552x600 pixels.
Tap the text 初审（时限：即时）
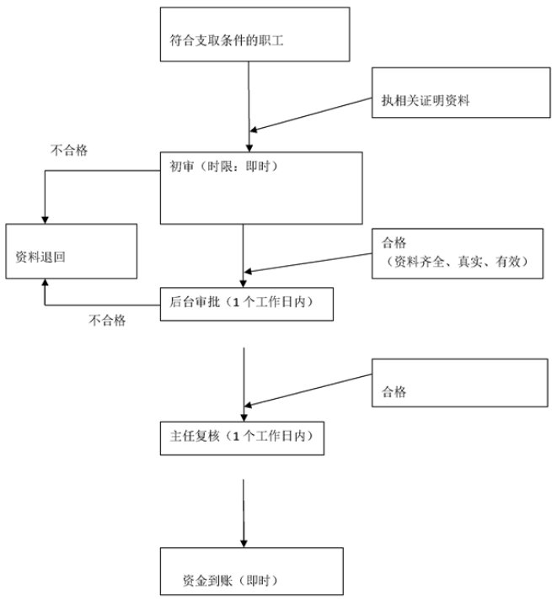[224, 167]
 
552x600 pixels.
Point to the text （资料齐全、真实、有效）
[458, 262]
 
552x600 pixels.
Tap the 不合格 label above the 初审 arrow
[69, 150]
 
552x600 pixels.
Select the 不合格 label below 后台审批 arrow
[107, 320]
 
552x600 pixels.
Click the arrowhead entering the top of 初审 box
[249, 148]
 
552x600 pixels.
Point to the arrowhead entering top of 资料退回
[45, 220]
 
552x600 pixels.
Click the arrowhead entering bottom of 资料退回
[45, 283]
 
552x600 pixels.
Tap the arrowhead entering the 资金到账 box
[244, 544]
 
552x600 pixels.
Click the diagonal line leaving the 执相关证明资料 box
[311, 114]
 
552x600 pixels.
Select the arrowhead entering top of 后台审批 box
[243, 284]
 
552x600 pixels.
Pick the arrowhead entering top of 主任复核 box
[244, 418]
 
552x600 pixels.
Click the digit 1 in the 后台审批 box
[236, 303]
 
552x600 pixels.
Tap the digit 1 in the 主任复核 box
[236, 436]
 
